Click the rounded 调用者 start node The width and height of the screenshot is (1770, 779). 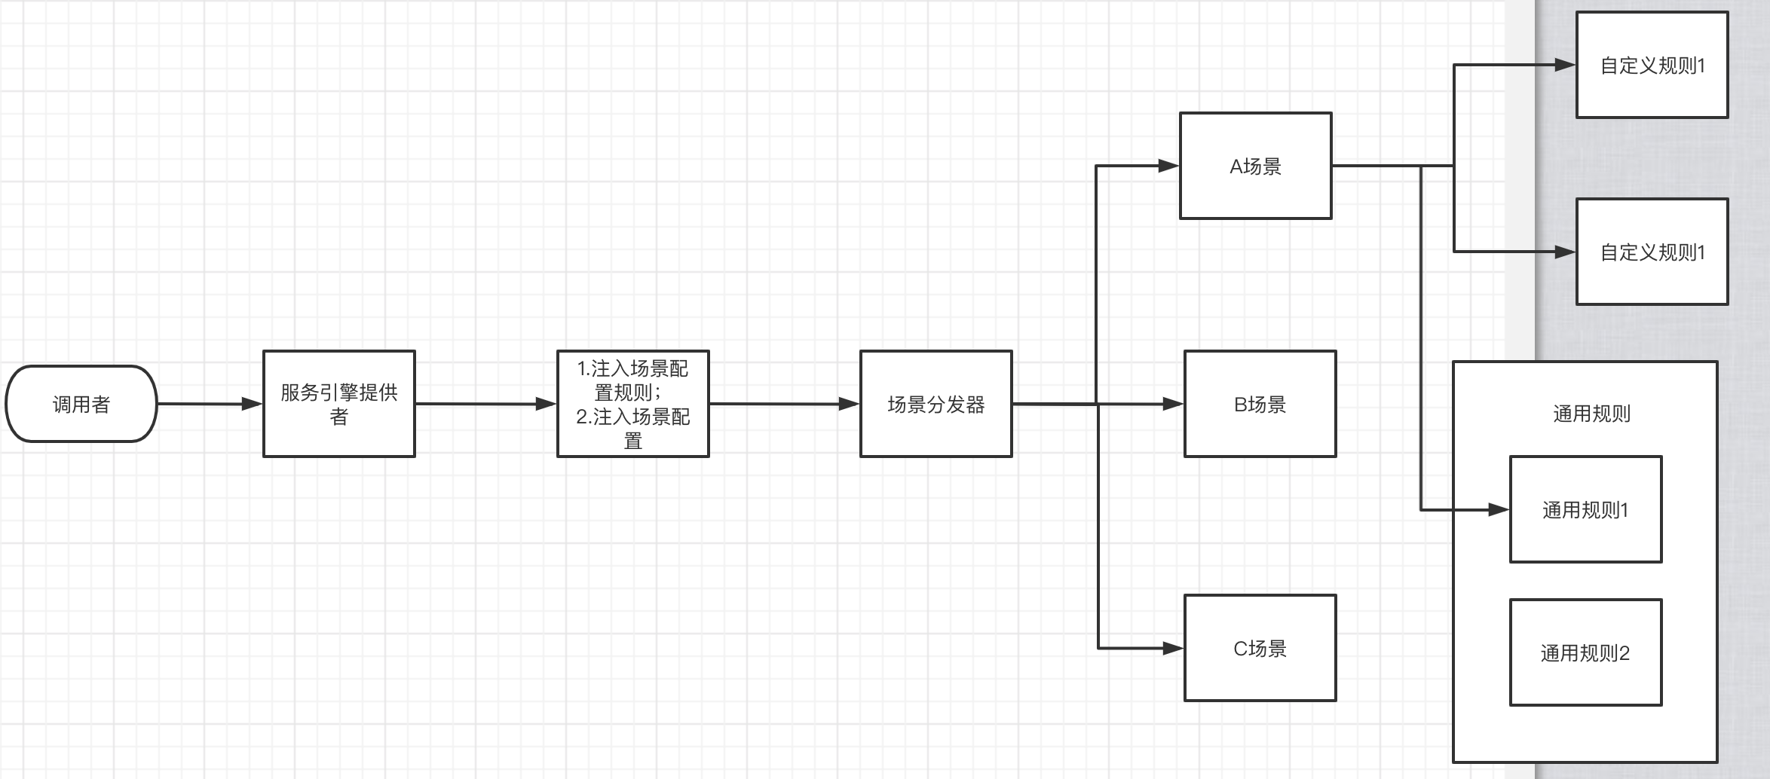tap(81, 404)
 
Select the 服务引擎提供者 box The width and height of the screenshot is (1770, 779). tap(339, 404)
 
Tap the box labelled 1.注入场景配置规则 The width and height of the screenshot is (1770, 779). tap(633, 404)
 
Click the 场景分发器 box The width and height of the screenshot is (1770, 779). tap(936, 404)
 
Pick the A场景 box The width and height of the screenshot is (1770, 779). tap(1256, 166)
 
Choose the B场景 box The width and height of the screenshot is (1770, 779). tap(1260, 404)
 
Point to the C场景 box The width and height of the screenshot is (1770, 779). tap(1260, 648)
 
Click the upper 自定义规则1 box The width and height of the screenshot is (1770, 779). tap(1652, 65)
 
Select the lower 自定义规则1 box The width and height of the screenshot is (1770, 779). tap(1652, 252)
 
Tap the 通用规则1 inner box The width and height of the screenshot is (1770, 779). tap(1586, 509)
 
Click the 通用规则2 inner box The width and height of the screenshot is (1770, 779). tap(1586, 652)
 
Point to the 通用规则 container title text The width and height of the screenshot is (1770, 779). tap(1591, 414)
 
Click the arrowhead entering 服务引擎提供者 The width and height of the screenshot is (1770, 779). tap(252, 404)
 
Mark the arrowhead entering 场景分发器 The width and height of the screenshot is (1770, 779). tap(849, 404)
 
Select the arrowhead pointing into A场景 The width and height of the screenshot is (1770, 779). tap(1168, 166)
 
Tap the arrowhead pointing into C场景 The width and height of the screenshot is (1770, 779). tap(1173, 648)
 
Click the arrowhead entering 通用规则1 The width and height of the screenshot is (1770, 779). tap(1499, 510)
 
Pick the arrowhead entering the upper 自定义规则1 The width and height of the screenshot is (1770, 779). tap(1565, 65)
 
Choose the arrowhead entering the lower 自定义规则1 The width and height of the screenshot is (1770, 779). tap(1565, 252)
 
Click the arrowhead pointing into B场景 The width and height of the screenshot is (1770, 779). tap(1173, 404)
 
